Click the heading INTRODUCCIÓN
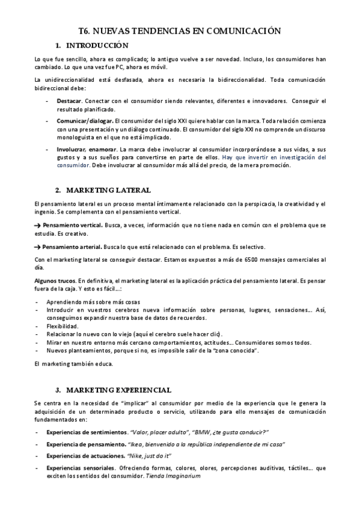click(x=97, y=46)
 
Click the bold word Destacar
click(x=69, y=100)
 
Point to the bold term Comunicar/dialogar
click(x=85, y=121)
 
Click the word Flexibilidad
click(x=62, y=326)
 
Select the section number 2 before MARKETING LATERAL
click(x=58, y=190)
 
